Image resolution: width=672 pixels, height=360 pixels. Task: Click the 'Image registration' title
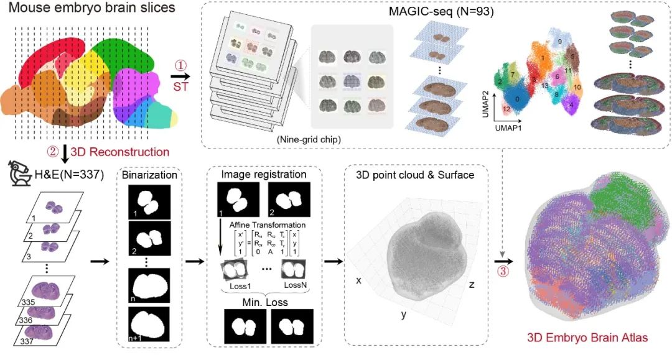(255, 175)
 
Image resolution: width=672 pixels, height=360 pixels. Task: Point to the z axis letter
(473, 284)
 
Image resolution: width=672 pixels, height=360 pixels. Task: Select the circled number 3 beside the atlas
(508, 271)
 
